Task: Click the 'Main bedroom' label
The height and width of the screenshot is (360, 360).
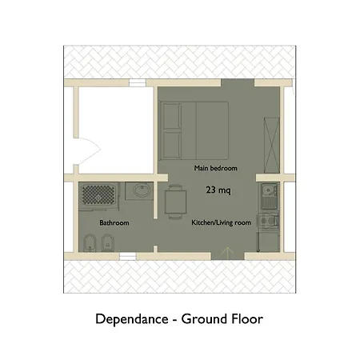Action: (x=215, y=168)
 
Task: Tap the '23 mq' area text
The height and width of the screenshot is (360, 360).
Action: (x=218, y=190)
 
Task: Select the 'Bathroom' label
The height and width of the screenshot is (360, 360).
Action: (x=114, y=222)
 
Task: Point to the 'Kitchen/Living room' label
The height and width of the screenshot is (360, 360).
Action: (x=221, y=222)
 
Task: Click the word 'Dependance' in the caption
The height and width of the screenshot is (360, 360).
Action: (x=132, y=319)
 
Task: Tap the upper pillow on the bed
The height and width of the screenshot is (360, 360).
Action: (x=172, y=116)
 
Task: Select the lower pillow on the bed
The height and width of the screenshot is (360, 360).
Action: (x=172, y=145)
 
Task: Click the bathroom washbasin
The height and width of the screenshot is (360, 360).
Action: (x=142, y=190)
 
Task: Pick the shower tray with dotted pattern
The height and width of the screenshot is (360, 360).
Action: (x=98, y=195)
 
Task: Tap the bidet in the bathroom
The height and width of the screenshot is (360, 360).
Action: (x=108, y=242)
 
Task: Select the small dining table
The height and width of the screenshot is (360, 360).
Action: (x=175, y=202)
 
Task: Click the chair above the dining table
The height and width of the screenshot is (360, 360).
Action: (x=175, y=187)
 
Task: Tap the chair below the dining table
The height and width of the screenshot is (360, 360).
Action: (x=175, y=216)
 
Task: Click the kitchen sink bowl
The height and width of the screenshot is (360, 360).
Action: (x=266, y=190)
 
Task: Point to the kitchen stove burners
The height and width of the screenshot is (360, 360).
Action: (x=267, y=221)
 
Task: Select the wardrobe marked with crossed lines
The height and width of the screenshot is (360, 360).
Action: (x=272, y=145)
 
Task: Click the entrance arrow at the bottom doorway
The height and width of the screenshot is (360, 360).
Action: (x=227, y=253)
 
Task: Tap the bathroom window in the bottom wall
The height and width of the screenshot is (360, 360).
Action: (x=127, y=256)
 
